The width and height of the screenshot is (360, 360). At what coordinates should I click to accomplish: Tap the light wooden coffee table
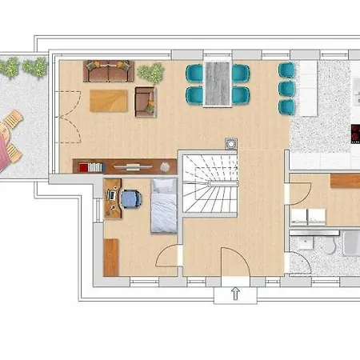pos(109,101)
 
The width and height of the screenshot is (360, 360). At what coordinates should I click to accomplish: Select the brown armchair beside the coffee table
pos(146,101)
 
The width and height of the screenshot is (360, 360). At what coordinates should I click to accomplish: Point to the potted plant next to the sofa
pos(149,72)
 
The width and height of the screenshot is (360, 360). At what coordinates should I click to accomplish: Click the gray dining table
pos(217,82)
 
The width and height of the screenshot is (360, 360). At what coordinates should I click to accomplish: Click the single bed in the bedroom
pos(164,206)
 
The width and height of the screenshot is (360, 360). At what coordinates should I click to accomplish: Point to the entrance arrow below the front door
pos(235,294)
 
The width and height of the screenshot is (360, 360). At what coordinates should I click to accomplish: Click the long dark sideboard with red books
pos(124,166)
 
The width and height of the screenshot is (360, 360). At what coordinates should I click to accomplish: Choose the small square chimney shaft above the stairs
pos(230,144)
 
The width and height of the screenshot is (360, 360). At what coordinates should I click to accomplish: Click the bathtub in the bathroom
pos(351,243)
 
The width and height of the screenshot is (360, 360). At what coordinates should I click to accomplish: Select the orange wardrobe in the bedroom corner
pos(111,257)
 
